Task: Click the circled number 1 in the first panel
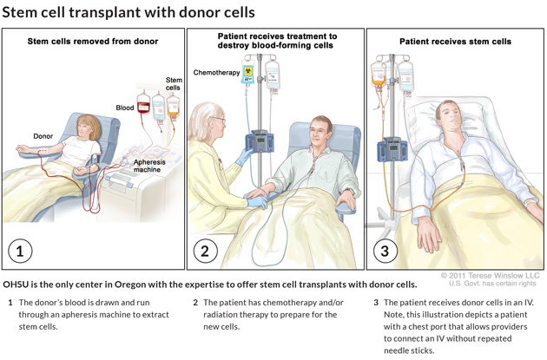click(x=20, y=252)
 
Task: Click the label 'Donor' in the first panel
click(x=43, y=136)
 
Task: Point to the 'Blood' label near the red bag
click(x=125, y=108)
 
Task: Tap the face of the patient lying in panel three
click(x=448, y=115)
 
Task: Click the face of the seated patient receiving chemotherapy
click(x=318, y=132)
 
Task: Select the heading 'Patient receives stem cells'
click(x=455, y=41)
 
